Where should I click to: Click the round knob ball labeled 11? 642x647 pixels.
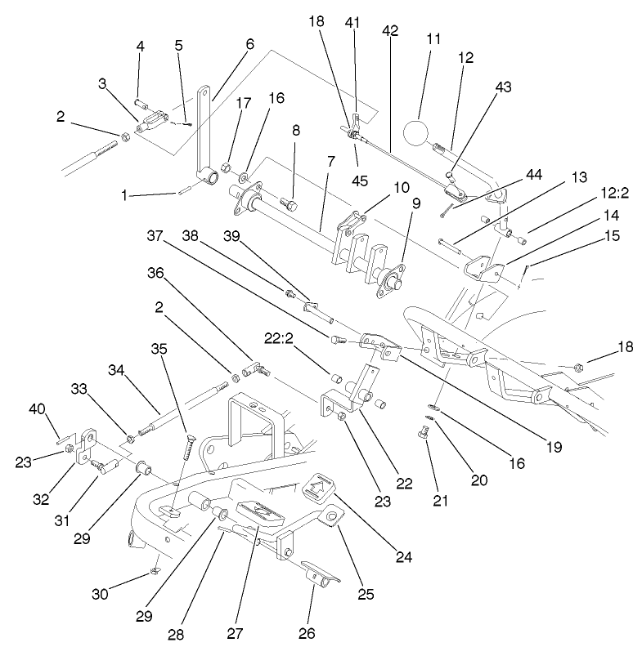pos(420,133)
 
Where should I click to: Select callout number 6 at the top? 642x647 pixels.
pos(249,42)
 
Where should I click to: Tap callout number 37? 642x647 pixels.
pos(155,234)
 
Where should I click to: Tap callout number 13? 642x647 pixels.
pos(579,176)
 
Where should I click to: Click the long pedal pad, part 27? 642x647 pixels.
pos(258,513)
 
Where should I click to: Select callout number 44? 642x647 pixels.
pos(534,175)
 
